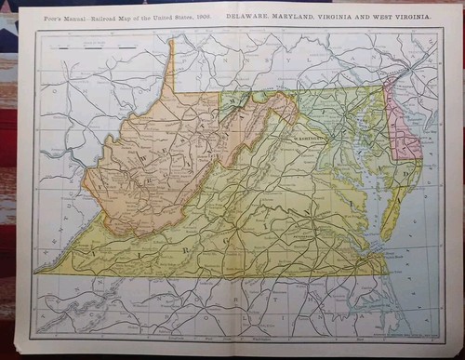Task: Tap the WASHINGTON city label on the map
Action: pyautogui.click(x=311, y=135)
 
